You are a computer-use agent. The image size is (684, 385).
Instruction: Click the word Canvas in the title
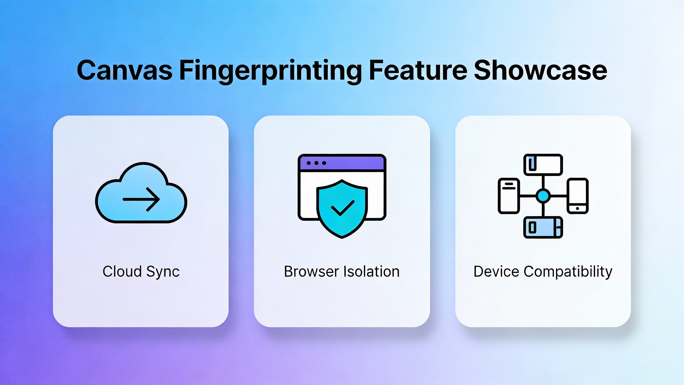click(x=125, y=70)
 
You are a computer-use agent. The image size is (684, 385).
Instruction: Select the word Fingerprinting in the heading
click(x=270, y=70)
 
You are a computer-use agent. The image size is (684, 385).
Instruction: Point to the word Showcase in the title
click(x=540, y=70)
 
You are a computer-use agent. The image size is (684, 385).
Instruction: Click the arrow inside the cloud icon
click(x=141, y=199)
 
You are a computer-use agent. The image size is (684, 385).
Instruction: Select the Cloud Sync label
click(x=141, y=272)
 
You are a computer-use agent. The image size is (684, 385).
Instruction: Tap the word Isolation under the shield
click(x=372, y=272)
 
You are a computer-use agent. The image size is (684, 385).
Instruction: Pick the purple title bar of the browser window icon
click(x=353, y=163)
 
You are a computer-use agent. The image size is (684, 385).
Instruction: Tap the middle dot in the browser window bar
click(x=316, y=163)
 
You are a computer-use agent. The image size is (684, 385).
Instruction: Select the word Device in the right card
click(x=496, y=272)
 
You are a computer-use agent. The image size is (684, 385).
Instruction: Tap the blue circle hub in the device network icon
click(x=543, y=196)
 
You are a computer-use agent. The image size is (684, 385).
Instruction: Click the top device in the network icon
click(x=543, y=165)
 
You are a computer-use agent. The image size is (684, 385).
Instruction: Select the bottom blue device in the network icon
click(x=543, y=228)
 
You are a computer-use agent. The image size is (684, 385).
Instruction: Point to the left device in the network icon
click(x=509, y=196)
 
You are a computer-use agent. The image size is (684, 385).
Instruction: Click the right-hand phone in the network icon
click(x=577, y=196)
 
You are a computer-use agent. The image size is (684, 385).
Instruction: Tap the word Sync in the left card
click(x=163, y=272)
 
